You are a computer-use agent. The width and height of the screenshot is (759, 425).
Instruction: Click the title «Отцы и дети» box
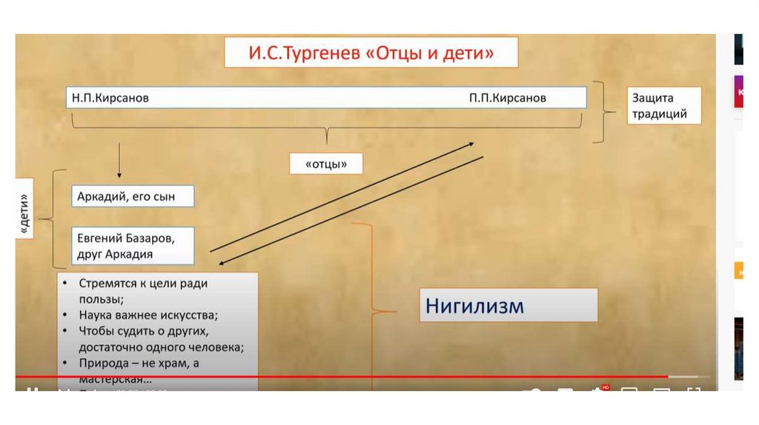(371, 53)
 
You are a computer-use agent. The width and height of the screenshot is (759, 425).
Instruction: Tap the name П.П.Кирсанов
(508, 98)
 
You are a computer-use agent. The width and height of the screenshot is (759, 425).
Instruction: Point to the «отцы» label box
(326, 163)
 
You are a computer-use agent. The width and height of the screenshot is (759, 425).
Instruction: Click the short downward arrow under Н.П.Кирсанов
(119, 158)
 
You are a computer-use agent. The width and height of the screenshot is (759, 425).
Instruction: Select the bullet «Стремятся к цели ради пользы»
(145, 291)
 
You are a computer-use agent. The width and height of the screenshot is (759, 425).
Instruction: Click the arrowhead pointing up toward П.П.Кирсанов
(471, 144)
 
